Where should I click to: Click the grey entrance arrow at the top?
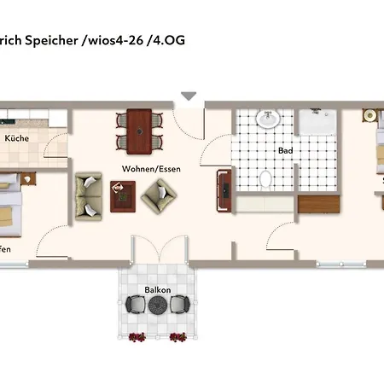[x=188, y=97]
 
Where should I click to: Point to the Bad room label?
[x=285, y=151]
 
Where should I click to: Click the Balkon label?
[x=157, y=290]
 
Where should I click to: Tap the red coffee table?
[x=122, y=195]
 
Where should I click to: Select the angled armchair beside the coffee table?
[x=156, y=197]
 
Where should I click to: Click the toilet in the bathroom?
[x=265, y=180]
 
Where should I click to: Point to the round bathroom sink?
[x=269, y=119]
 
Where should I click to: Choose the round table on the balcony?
[x=157, y=306]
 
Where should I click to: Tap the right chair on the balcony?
[x=179, y=305]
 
